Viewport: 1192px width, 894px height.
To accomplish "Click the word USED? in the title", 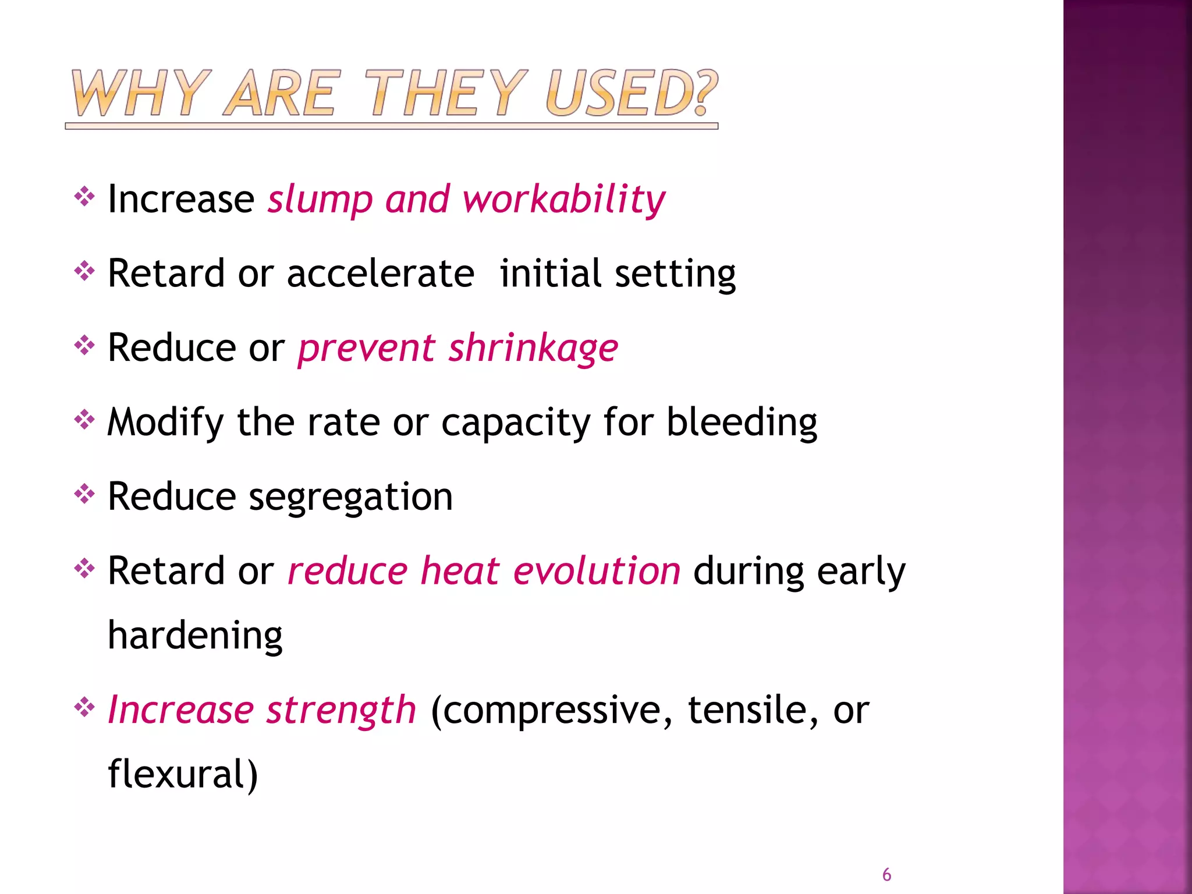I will [631, 93].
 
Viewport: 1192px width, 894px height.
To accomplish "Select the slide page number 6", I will [886, 875].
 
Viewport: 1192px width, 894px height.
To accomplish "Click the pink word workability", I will [563, 200].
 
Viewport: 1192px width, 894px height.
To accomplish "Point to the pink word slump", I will [320, 200].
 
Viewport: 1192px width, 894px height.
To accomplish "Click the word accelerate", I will [381, 274].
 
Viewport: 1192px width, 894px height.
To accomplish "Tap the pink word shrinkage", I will [533, 349].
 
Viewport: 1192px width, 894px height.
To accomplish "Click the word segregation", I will [350, 498].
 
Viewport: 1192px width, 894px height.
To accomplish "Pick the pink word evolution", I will [597, 571].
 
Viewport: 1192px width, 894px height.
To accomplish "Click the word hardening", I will [195, 636].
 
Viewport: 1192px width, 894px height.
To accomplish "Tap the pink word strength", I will [341, 711].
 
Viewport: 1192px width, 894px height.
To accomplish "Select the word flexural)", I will [183, 775].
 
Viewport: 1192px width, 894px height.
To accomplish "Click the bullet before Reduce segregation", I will [84, 495].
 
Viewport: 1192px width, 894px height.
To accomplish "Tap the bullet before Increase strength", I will [84, 708].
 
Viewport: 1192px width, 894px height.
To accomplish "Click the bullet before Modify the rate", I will [84, 420].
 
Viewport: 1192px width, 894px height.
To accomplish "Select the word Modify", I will [165, 423].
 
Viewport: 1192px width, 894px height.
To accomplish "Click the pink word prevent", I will [367, 349].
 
